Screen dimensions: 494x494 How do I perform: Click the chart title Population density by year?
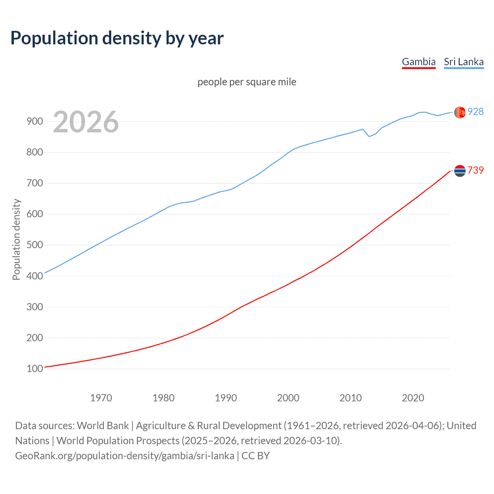117,38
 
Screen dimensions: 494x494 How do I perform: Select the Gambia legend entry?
419,62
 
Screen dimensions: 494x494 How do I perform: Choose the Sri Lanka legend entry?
464,62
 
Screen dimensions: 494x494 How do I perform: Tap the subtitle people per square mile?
247,82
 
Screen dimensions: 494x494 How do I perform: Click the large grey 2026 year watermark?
86,122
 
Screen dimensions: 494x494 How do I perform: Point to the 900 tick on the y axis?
34,121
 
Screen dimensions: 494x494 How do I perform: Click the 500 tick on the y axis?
34,245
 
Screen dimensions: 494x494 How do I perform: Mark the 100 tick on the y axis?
34,369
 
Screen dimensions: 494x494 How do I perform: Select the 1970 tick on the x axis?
101,398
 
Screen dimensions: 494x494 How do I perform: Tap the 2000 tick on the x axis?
288,398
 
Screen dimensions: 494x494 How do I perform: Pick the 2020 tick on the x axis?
413,398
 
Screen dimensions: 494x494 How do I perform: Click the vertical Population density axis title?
16,239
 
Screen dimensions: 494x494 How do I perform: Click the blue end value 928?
475,112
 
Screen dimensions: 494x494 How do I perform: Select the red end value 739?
475,170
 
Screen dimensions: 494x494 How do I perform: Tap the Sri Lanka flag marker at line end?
460,112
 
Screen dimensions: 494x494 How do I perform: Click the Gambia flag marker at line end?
460,171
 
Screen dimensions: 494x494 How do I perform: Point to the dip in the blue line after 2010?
369,136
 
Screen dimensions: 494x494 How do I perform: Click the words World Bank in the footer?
103,426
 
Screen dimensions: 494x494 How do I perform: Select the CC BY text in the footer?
255,456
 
